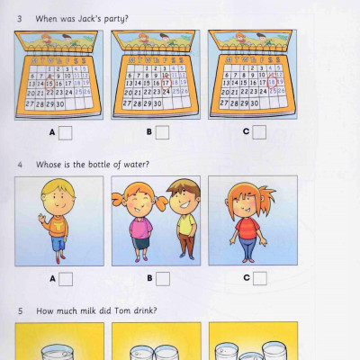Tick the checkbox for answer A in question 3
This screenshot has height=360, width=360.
click(x=65, y=133)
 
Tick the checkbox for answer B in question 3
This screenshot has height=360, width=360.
click(x=162, y=133)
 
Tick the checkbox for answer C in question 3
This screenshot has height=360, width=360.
click(x=259, y=133)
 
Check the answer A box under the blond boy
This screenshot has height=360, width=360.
click(x=65, y=278)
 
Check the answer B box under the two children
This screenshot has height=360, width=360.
click(x=162, y=278)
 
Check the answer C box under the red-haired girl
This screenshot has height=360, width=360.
click(x=259, y=278)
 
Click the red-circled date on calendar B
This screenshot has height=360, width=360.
click(x=166, y=81)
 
